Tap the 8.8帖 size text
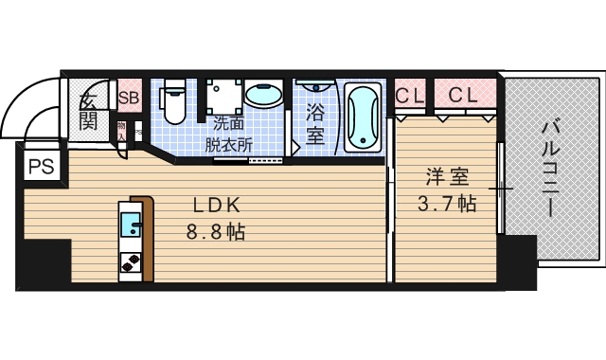pos(215,231)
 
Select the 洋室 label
pos(447,176)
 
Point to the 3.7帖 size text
pos(446,203)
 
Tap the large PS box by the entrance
pos(40,168)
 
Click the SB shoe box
pos(129,97)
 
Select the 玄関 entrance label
pos(88,110)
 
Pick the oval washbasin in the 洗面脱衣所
pos(262,97)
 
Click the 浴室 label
pos(315,122)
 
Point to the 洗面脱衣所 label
pos(229,135)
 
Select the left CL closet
pos(409,96)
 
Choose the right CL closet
pos(463,96)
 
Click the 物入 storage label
pos(122,128)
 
